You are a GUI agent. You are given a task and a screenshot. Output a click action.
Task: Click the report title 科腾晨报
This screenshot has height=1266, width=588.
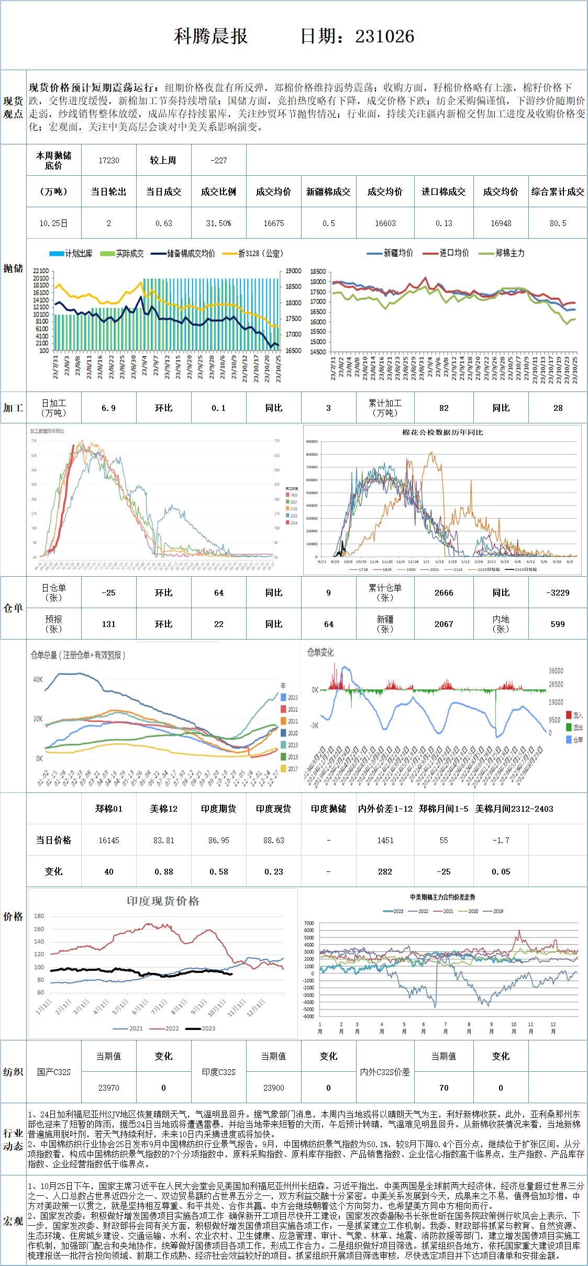(210, 36)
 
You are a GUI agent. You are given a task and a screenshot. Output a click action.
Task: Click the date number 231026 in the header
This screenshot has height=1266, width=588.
(385, 36)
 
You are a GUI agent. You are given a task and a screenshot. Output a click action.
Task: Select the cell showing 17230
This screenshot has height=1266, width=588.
(109, 161)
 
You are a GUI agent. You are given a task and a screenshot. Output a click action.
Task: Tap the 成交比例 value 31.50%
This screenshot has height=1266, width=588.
(218, 223)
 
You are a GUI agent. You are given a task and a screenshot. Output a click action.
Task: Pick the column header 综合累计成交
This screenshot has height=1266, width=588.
(558, 192)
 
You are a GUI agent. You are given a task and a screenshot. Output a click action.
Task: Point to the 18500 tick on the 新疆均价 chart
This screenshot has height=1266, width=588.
(318, 272)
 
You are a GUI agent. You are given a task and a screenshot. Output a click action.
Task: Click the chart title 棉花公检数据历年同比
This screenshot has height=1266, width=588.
(442, 433)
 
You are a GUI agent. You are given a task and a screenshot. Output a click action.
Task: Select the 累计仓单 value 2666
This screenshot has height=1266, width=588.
(443, 592)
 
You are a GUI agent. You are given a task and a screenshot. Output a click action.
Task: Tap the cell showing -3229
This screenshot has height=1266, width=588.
(558, 592)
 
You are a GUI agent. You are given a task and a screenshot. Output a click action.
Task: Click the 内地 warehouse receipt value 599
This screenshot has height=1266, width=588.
(558, 624)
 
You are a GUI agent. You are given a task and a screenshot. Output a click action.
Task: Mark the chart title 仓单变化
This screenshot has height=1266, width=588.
(320, 652)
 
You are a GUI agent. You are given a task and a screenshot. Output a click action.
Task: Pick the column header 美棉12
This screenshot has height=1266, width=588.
(163, 809)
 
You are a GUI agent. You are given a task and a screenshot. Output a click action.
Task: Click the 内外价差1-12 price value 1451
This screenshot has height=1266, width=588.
(385, 840)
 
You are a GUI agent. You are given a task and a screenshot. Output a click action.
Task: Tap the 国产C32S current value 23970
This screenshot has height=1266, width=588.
(109, 1088)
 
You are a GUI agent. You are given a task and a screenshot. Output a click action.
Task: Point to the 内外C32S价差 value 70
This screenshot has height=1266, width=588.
(443, 1088)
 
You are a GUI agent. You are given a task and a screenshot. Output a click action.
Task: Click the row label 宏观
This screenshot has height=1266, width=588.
(13, 1221)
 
